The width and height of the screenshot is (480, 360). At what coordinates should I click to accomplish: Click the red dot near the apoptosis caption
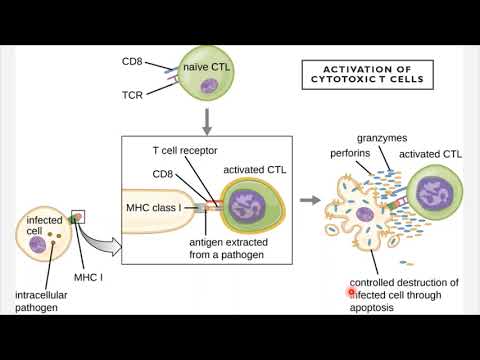(x=351, y=292)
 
